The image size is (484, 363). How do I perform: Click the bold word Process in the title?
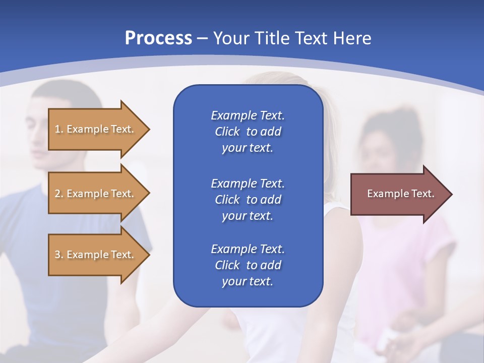click(158, 38)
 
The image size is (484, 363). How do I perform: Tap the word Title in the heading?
click(270, 38)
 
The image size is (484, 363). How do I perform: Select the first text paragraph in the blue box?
click(248, 132)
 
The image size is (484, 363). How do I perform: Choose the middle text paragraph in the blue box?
click(248, 200)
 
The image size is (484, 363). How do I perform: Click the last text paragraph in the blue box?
click(248, 265)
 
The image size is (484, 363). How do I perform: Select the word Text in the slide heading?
click(311, 38)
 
